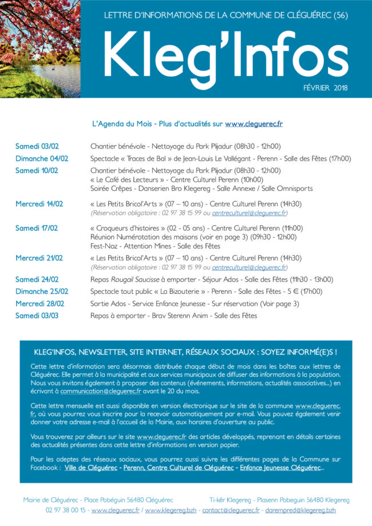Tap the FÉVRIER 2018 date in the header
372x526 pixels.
[326, 88]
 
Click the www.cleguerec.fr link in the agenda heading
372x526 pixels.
[254, 123]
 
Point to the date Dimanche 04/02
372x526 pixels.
[42, 158]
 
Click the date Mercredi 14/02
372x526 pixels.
[39, 204]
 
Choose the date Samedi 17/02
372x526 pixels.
[37, 228]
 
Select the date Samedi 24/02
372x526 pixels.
[37, 280]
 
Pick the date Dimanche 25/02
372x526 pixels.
[42, 292]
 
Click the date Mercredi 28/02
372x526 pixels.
[39, 304]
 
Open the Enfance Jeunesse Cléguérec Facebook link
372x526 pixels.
[280, 468]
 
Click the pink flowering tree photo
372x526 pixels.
[40, 49]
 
